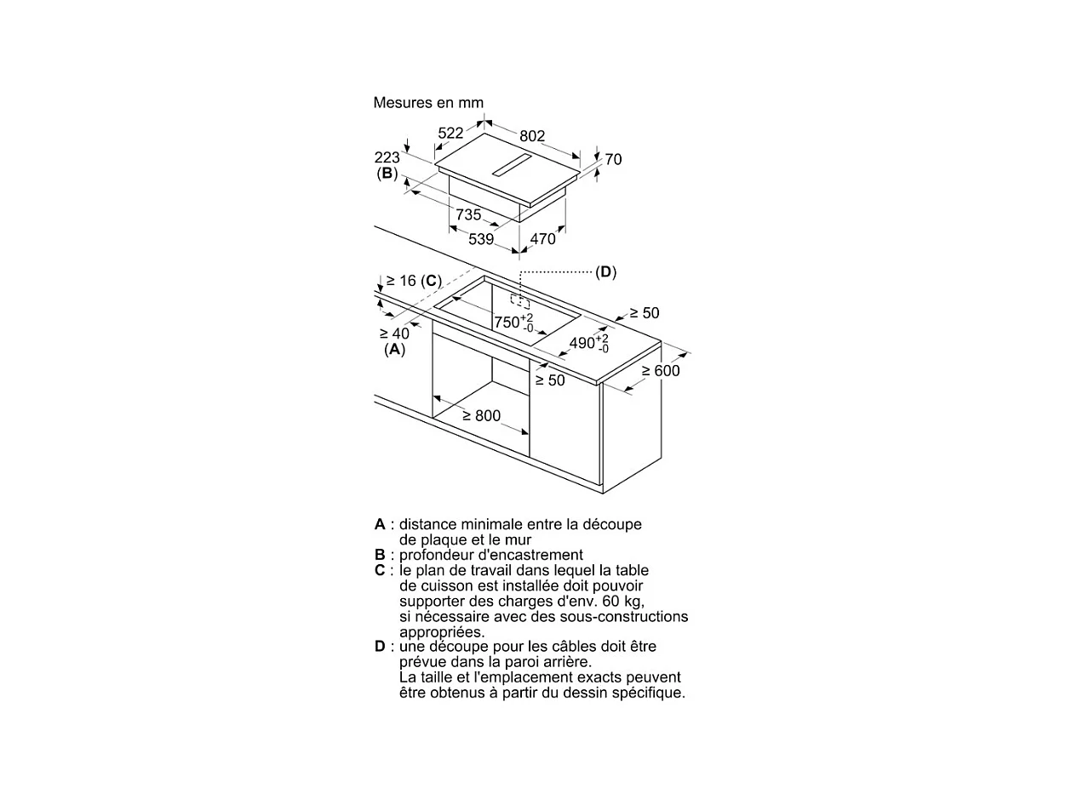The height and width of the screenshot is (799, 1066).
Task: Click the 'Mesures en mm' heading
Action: point(428,103)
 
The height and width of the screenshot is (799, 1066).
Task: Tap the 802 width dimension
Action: point(532,136)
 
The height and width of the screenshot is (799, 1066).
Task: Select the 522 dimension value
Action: point(450,133)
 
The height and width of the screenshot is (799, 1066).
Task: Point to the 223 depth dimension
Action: point(387,157)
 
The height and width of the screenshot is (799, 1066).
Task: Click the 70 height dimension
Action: point(613,160)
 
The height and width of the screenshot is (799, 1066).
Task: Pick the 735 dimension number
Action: point(468,215)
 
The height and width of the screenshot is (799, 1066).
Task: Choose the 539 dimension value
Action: point(481,239)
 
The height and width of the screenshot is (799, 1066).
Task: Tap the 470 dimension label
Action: point(542,239)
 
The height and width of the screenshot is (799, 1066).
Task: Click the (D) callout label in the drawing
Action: point(605,272)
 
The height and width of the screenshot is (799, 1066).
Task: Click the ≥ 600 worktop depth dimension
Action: point(661,371)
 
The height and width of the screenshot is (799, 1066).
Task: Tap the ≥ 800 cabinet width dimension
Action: point(482,416)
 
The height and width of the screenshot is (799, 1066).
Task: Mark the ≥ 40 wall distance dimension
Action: point(394,334)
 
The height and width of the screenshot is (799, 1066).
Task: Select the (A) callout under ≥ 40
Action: point(394,349)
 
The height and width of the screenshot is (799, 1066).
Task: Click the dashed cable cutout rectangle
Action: point(519,300)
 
